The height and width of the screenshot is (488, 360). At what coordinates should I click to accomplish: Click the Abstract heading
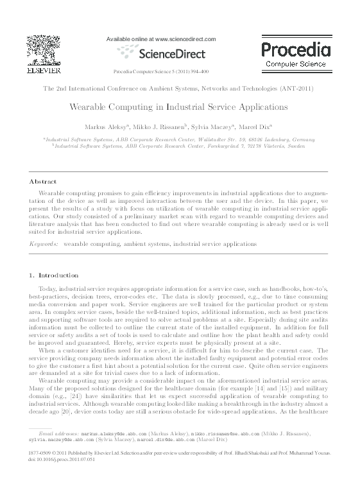point(44,182)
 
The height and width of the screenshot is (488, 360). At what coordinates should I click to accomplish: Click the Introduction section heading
point(58,275)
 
